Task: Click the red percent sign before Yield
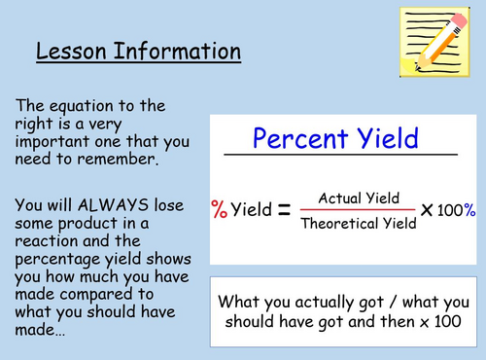(219, 209)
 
